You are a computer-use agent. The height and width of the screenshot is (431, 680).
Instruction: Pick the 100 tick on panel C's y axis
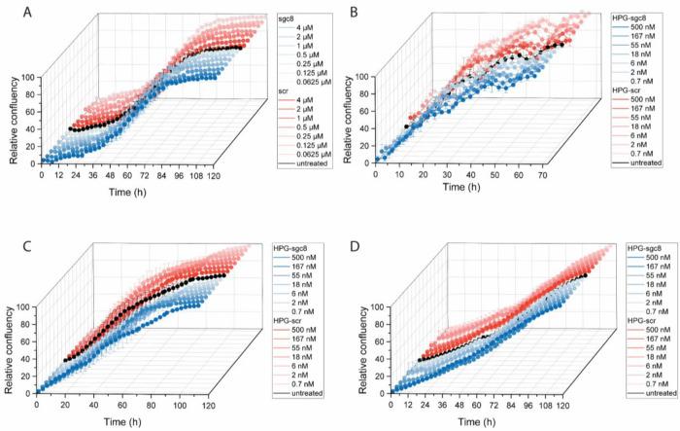click(x=23, y=306)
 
